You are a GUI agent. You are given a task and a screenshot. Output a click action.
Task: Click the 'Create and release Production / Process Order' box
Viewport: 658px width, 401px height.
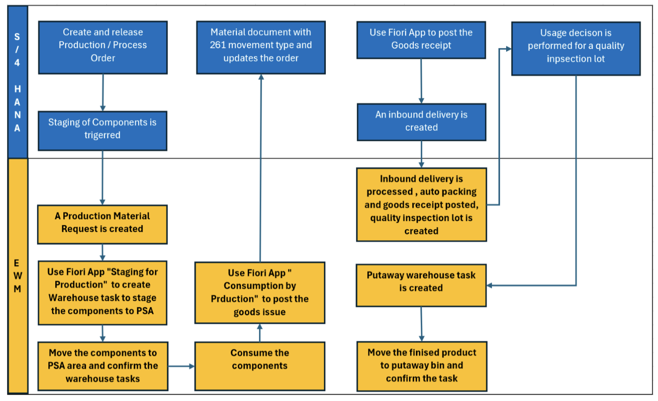(x=103, y=47)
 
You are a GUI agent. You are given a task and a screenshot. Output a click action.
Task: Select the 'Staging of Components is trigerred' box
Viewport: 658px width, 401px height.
(x=102, y=131)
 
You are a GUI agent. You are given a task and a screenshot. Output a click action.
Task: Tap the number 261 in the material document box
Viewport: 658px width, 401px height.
(x=219, y=45)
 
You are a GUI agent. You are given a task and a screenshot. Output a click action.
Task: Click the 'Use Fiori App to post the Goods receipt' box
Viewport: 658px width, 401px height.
(x=421, y=40)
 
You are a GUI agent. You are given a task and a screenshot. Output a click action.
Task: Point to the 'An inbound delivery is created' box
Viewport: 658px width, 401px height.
(x=421, y=122)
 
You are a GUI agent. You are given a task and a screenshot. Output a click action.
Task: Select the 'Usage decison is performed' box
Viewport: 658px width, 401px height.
(x=576, y=48)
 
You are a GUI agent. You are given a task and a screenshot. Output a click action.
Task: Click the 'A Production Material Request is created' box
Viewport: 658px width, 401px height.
(x=102, y=224)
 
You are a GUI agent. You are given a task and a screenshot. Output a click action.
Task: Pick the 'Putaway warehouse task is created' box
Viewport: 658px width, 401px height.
(x=421, y=285)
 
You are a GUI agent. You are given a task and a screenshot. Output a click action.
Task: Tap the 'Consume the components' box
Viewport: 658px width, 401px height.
(x=260, y=366)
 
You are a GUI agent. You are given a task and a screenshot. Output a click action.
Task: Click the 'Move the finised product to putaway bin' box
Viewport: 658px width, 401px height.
(x=422, y=366)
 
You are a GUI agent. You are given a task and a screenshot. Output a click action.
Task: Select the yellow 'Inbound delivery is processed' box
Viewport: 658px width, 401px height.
(x=421, y=205)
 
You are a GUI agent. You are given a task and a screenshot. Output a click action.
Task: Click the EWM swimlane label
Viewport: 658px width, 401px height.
(x=17, y=276)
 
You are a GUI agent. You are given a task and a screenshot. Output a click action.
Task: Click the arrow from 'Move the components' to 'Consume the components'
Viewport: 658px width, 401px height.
(x=181, y=366)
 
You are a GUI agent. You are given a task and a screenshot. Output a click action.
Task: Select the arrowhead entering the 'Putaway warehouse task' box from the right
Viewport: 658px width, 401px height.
(x=490, y=285)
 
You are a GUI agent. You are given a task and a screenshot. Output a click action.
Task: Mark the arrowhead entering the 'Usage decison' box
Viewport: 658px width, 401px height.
(x=509, y=49)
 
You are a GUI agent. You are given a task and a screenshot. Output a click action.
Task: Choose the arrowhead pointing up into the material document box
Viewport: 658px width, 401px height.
(x=261, y=78)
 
